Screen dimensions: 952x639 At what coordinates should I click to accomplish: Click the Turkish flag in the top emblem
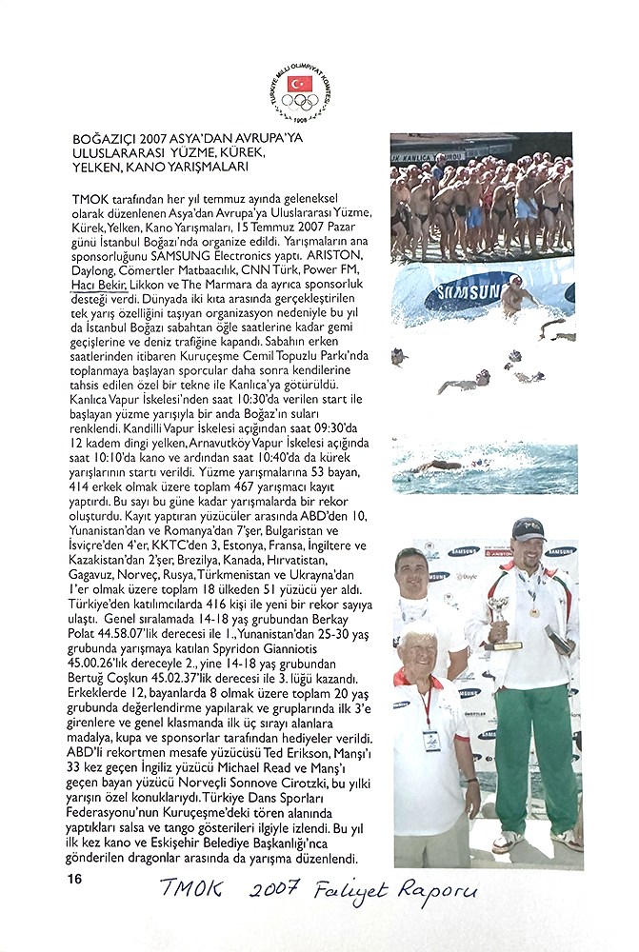(x=300, y=84)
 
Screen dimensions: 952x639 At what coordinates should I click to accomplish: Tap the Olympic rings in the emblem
(x=300, y=101)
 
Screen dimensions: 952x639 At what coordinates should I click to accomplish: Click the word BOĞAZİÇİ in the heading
(x=109, y=139)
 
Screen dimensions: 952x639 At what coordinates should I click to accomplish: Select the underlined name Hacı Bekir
(x=96, y=283)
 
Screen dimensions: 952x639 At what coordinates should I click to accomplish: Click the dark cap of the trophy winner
(x=527, y=528)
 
